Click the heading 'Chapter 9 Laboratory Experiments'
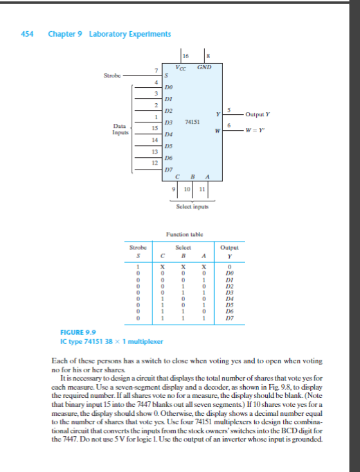[109, 34]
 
